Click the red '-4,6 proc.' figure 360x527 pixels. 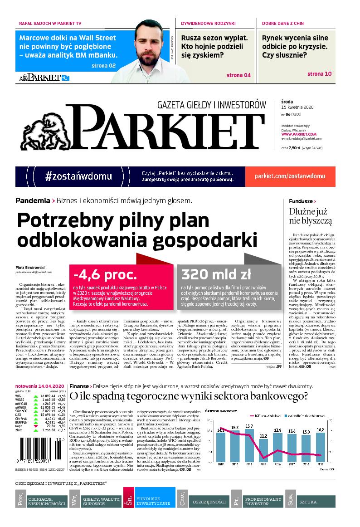coord(105,274)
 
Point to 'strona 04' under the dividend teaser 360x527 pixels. coord(238,75)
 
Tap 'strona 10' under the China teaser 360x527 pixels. coord(320,73)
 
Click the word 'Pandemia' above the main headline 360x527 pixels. coord(33,200)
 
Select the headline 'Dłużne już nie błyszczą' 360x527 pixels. coord(311,216)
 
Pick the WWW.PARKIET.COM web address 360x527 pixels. coord(298,134)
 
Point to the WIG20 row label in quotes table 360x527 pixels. coord(20,399)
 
